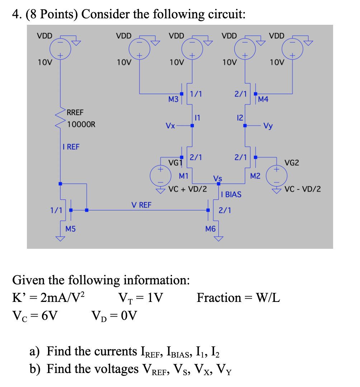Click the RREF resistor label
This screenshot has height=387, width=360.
pos(75,112)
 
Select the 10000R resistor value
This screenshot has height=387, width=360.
pos(81,125)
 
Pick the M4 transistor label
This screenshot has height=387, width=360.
pos(263,99)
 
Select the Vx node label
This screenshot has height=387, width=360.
pos(170,126)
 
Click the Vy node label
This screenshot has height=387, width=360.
pos(267,126)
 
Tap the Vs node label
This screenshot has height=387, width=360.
pos(218,178)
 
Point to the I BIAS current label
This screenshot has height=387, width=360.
pos(231,194)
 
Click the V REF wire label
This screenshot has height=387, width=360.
pos(141,205)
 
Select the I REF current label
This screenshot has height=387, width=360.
pos(71,146)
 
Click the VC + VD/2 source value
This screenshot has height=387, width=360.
pos(187,189)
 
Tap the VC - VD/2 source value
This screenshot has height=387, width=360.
pos(303,189)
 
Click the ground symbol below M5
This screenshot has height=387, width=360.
pos(60,238)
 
